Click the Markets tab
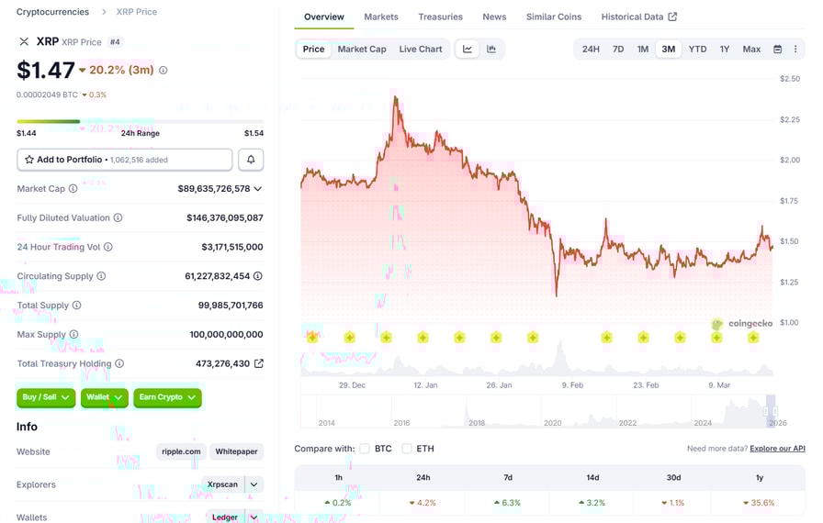point(381,17)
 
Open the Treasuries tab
point(440,17)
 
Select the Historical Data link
point(638,17)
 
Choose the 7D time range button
point(618,49)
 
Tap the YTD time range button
point(697,49)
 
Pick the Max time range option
point(751,49)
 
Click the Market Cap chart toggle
point(362,49)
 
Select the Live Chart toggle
point(421,49)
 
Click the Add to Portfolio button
point(125,160)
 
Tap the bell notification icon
point(251,160)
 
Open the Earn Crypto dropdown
point(167,397)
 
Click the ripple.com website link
point(181,451)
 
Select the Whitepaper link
point(236,451)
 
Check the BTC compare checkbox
point(365,449)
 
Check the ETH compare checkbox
point(407,449)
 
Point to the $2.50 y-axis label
point(788,79)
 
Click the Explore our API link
point(777,449)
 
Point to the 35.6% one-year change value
point(762,503)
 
